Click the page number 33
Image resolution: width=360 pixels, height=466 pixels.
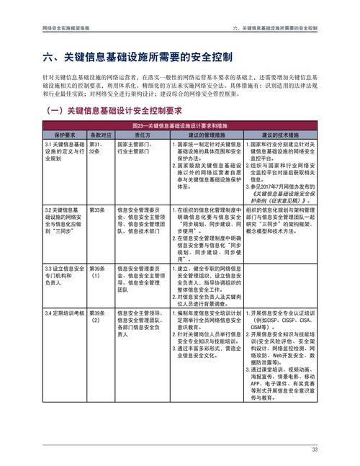tap(314, 450)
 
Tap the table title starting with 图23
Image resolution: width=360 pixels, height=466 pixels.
tap(179, 125)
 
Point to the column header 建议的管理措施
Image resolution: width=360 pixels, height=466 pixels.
tap(207, 135)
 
